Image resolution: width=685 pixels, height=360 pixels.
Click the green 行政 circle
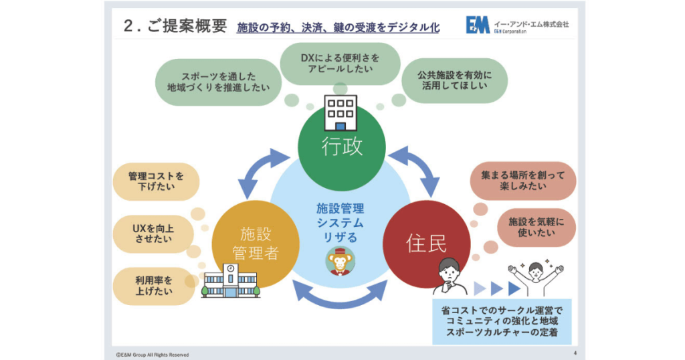pos(342,147)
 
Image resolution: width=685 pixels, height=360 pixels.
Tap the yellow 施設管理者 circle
pos(256,244)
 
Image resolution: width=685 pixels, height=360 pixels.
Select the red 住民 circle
pos(426,244)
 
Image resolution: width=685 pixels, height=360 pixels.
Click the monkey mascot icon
pos(340,261)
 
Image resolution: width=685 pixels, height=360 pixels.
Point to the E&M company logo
pos(478,25)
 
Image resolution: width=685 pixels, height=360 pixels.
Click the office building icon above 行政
pos(340,113)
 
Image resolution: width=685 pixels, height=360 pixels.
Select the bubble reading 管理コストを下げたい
pos(156,181)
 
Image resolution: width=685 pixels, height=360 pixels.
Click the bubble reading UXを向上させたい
pos(153,234)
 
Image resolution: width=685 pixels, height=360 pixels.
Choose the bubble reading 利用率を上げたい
pos(154,286)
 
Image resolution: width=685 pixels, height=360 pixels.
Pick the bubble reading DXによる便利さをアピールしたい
pos(340,64)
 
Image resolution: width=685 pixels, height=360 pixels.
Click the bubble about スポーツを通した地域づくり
pos(219,82)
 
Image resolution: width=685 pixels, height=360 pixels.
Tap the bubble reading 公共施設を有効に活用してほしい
pos(454,80)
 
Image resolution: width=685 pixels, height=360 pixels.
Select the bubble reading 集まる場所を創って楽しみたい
pos(523,181)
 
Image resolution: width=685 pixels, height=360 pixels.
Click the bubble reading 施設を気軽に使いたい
pos(536,228)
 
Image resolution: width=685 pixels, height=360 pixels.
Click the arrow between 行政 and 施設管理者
pos(264,171)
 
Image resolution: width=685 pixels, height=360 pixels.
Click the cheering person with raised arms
pos(536,278)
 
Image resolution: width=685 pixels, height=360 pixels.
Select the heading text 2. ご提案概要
pos(175,26)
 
